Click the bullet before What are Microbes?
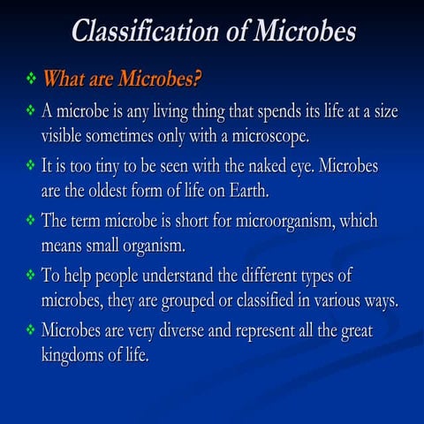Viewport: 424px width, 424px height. point(31,79)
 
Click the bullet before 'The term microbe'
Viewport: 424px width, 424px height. point(31,220)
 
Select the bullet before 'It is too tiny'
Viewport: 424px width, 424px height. point(31,165)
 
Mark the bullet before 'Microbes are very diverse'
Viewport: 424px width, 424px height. point(31,330)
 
